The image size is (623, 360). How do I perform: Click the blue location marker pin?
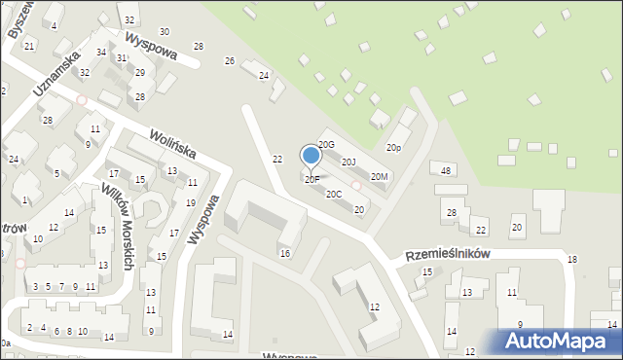click(311, 156)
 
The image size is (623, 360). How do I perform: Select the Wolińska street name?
click(172, 144)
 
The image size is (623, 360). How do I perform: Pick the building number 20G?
click(326, 145)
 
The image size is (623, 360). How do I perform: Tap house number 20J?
click(348, 162)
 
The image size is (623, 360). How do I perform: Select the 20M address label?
click(380, 176)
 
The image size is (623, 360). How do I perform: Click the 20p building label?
click(393, 148)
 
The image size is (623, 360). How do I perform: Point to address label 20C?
click(334, 194)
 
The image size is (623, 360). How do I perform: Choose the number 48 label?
click(446, 170)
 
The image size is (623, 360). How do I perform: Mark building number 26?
click(230, 61)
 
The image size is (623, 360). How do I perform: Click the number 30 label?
click(164, 32)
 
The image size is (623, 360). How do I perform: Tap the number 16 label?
click(284, 253)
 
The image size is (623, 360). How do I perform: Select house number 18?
click(572, 259)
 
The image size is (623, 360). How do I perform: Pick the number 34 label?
click(101, 52)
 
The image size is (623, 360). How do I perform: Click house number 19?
click(190, 202)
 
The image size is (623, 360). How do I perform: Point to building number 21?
click(29, 46)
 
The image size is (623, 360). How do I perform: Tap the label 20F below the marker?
click(311, 179)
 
